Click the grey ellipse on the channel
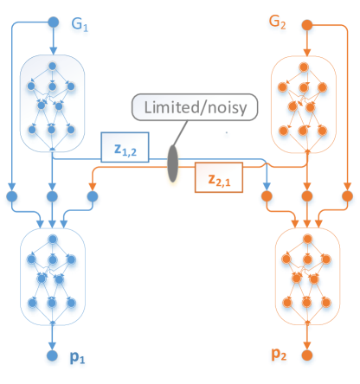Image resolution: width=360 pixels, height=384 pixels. tap(173, 165)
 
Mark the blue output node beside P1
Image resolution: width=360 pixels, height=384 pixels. tap(52, 356)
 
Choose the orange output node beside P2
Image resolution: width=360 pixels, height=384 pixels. tap(306, 356)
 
